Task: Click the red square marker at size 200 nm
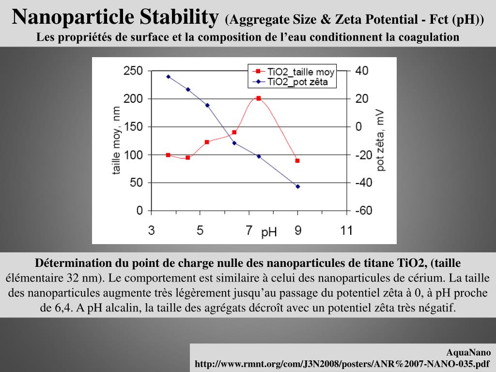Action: (259, 98)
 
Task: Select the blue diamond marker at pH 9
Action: (298, 186)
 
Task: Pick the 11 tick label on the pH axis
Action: (346, 231)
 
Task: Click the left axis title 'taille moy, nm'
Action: (117, 140)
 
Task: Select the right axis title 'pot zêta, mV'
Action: (382, 140)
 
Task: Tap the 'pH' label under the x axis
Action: (269, 233)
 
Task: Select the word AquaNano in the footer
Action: (468, 353)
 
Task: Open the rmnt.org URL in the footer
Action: (342, 363)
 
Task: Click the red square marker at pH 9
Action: (297, 160)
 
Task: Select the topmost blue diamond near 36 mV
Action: (169, 77)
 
